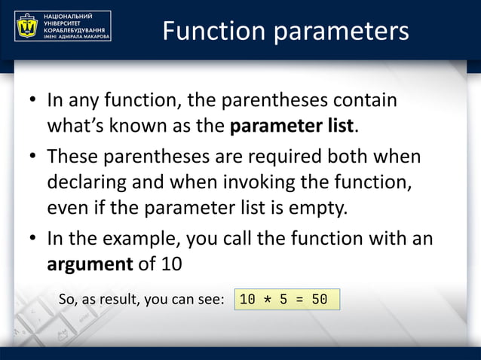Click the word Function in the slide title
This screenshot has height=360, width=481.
click(x=213, y=31)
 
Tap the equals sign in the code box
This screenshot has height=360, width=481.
click(x=300, y=299)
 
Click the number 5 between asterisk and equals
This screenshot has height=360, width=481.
click(x=284, y=299)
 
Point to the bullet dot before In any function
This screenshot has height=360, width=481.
click(x=34, y=101)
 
